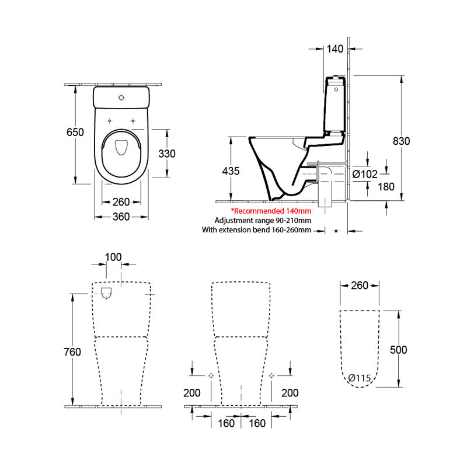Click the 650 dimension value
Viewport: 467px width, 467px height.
[x=75, y=132]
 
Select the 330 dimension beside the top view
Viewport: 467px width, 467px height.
[x=167, y=153]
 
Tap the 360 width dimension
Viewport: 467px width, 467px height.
[x=121, y=217]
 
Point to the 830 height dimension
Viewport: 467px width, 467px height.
[x=401, y=141]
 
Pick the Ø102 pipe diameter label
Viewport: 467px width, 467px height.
[x=365, y=173]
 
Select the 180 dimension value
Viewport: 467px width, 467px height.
[x=386, y=187]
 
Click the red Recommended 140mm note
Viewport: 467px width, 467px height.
[x=271, y=210]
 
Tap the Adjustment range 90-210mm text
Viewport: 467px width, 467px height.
[x=263, y=220]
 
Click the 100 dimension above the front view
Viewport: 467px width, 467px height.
[x=113, y=257]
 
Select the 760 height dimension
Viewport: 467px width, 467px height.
[x=72, y=352]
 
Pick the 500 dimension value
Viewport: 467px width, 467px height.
[x=399, y=350]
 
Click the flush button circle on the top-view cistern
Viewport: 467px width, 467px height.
[x=121, y=97]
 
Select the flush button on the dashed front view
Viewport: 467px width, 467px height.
[x=107, y=293]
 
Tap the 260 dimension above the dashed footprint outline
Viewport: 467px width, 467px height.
[x=360, y=285]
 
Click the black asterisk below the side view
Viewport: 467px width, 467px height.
[x=336, y=232]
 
